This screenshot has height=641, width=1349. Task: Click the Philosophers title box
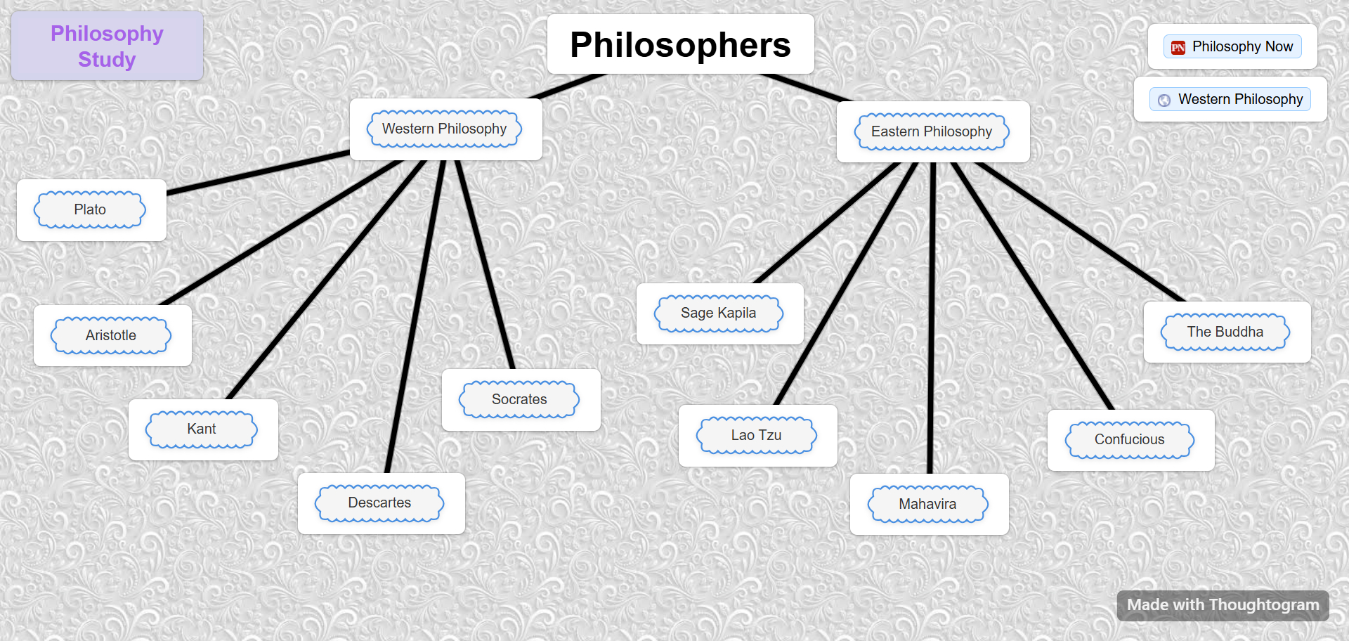pos(680,45)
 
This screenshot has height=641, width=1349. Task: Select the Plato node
pos(91,210)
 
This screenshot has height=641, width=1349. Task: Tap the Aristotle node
pos(112,336)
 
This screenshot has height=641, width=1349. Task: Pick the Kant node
pos(202,429)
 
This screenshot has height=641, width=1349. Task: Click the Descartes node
pos(380,503)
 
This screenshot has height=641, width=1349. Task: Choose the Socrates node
pos(520,400)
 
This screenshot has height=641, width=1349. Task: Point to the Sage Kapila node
pos(719,313)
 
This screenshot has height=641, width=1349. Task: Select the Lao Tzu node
pos(757,436)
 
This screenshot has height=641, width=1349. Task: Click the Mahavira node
pos(928,505)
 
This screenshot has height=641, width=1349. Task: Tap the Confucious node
pos(1130,440)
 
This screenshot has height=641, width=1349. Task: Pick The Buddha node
pos(1225,332)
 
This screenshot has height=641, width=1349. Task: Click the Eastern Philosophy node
pos(932,132)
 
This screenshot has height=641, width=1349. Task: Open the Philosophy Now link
pos(1242,47)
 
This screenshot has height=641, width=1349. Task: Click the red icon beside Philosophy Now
pos(1178,48)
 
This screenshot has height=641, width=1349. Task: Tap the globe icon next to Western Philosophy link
pos(1164,101)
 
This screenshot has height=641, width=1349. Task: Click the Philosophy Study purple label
pos(107,46)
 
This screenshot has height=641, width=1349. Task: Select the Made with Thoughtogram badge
pos(1223,605)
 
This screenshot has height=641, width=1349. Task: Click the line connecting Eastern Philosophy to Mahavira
pos(932,316)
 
